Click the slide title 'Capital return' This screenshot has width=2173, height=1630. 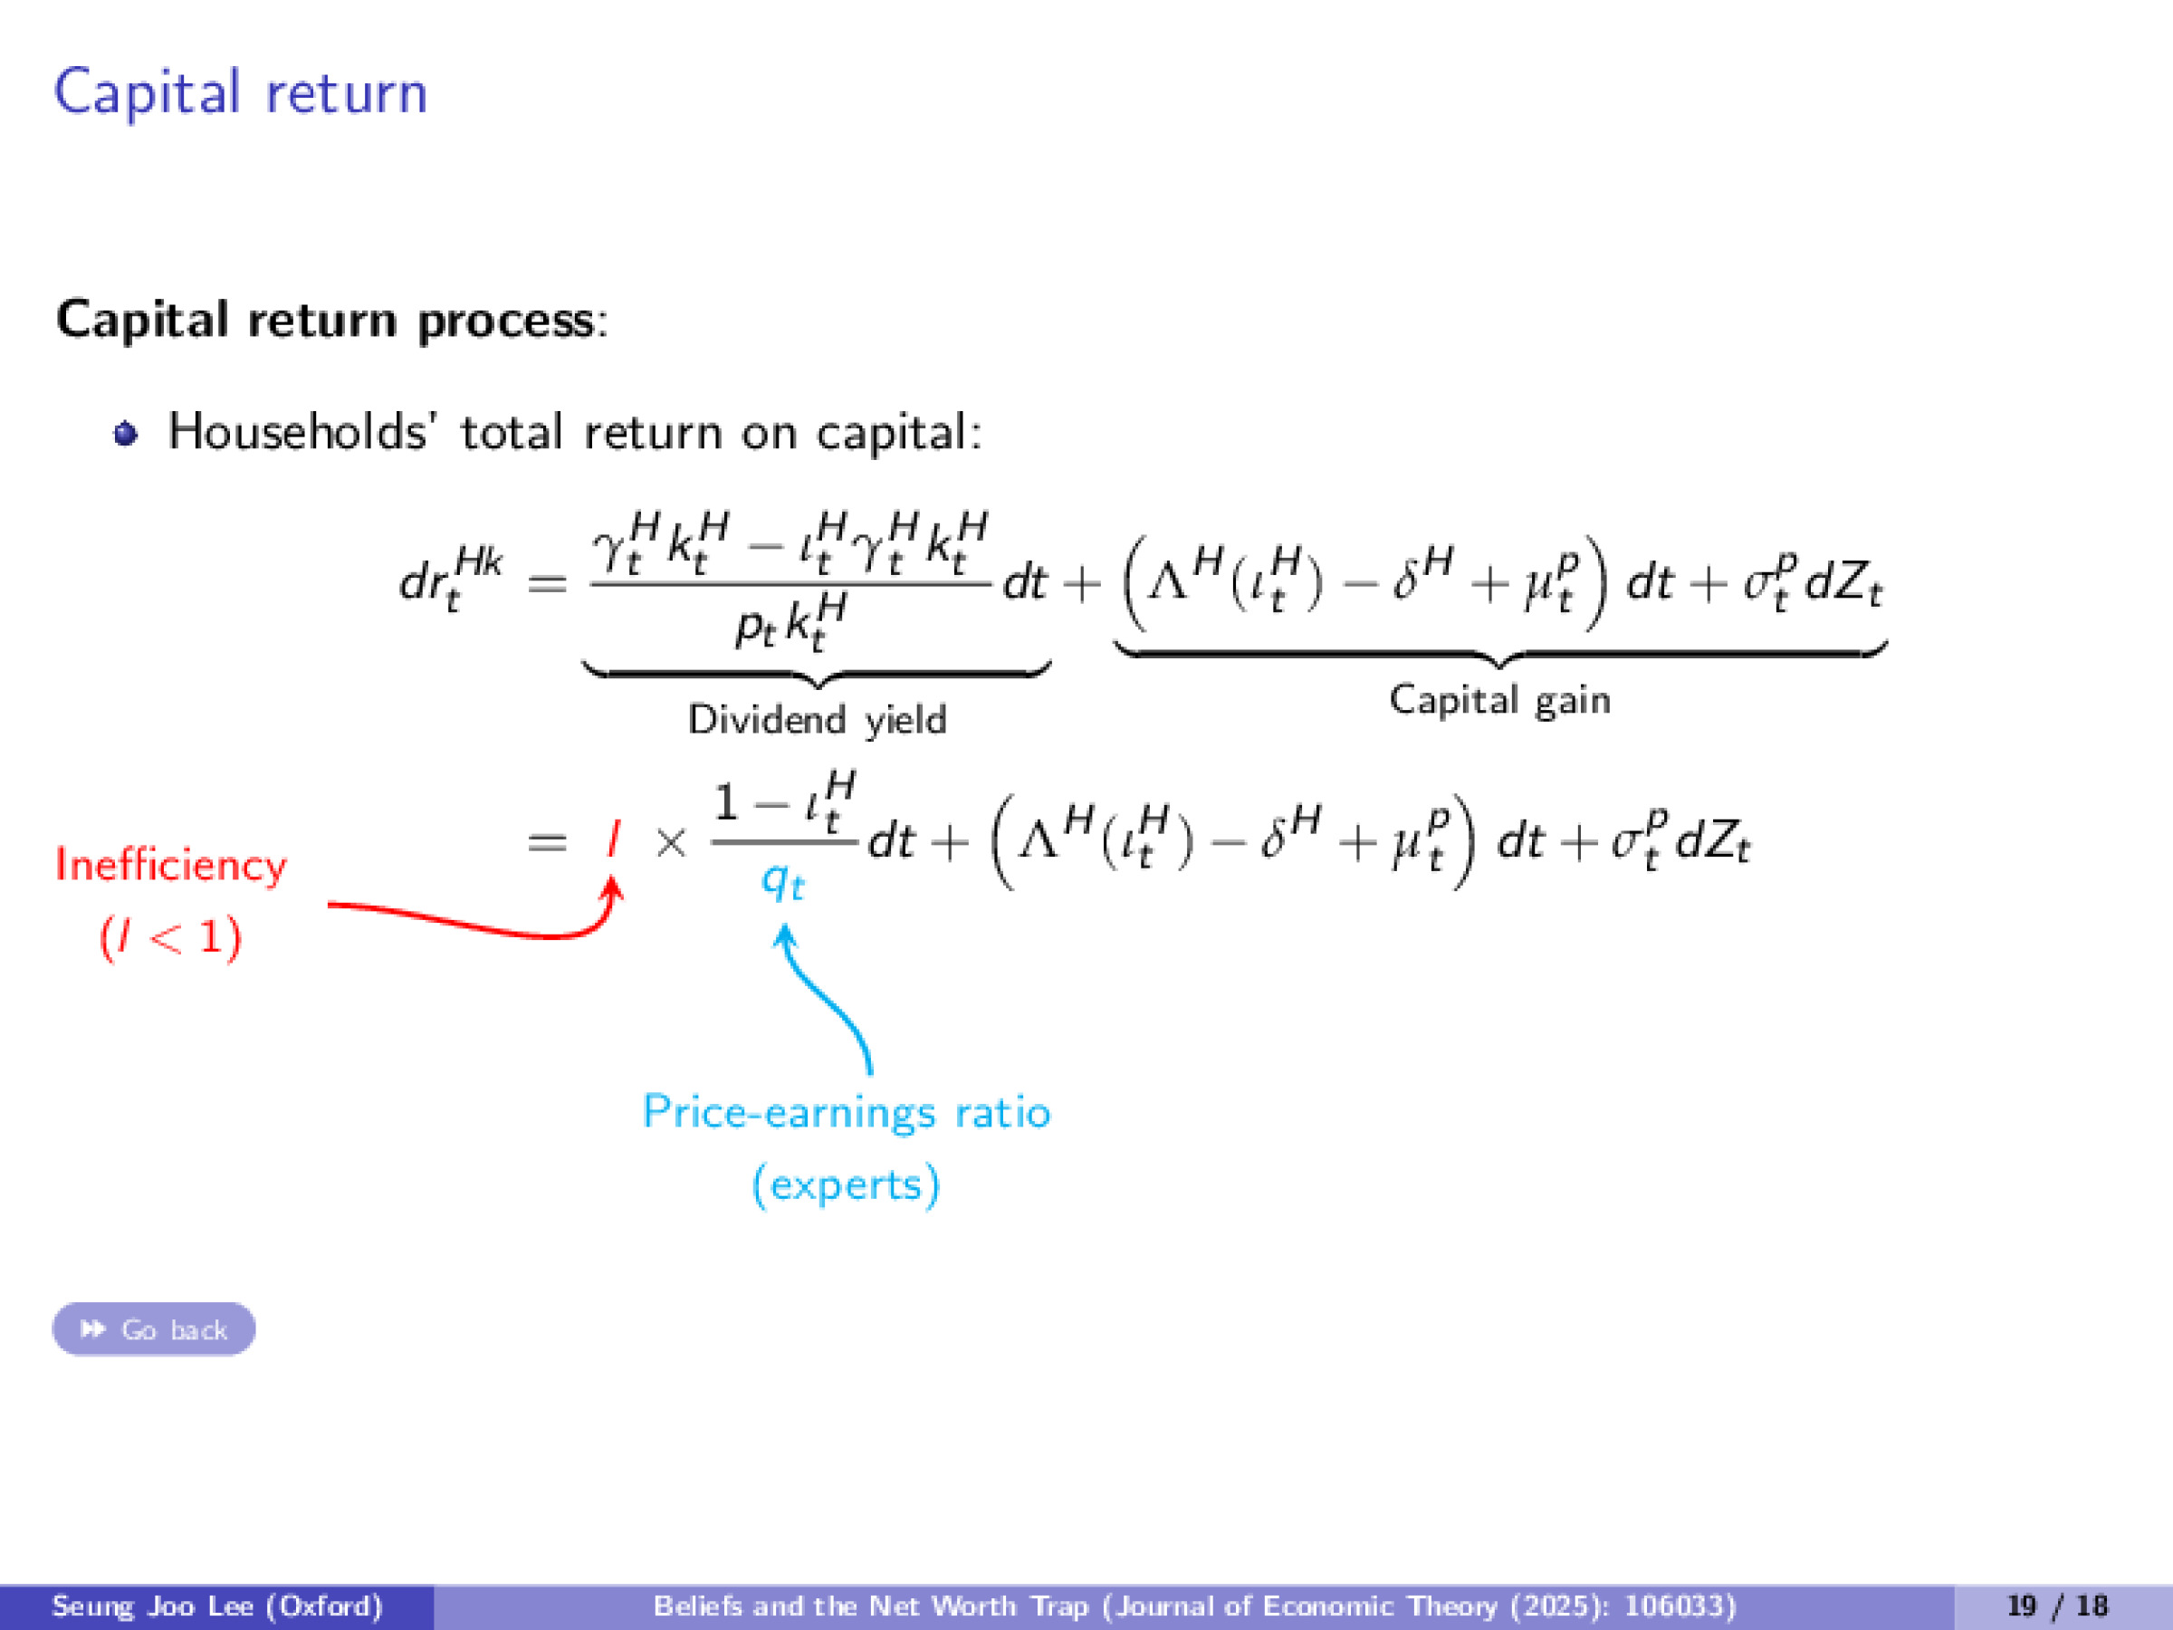[x=241, y=93]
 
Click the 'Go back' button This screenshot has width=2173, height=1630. [x=154, y=1328]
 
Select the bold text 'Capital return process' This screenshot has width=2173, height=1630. [x=325, y=321]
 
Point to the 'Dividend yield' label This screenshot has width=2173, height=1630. [x=817, y=719]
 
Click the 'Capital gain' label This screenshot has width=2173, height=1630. [x=1499, y=700]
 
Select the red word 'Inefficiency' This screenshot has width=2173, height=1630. [x=171, y=865]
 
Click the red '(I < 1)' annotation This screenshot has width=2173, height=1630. [x=170, y=937]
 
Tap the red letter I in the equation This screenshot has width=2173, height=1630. [x=614, y=840]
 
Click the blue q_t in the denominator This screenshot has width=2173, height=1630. [x=783, y=881]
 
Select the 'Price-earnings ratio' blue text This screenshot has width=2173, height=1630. [x=846, y=1112]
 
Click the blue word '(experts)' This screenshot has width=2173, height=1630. [x=846, y=1184]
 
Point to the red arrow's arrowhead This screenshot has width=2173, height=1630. [x=613, y=887]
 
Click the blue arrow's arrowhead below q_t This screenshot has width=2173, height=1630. [x=785, y=935]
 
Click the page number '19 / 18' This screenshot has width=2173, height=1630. [x=2058, y=1606]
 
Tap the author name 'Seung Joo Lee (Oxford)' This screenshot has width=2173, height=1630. [x=216, y=1606]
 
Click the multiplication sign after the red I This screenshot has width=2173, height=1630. [x=671, y=842]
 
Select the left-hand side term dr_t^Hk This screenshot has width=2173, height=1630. [x=451, y=580]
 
